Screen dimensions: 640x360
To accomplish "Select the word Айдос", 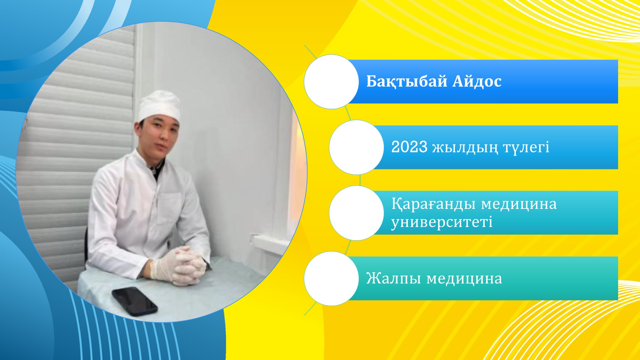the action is point(477,81).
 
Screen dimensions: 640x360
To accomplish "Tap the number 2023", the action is point(409,147).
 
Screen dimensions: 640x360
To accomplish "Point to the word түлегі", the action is point(526,148).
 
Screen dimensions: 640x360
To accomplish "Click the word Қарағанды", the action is point(434,204).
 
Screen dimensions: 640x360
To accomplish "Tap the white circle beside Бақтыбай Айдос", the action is point(331,82).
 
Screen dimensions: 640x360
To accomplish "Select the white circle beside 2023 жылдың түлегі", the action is point(357,147).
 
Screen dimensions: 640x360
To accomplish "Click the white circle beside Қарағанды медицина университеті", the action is point(357,213).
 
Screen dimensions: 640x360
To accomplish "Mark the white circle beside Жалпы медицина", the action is point(331,278).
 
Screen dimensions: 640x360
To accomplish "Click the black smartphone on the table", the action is point(135,301).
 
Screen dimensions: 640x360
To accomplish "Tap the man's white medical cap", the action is point(159,105).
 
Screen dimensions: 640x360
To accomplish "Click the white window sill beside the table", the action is point(270,243).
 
